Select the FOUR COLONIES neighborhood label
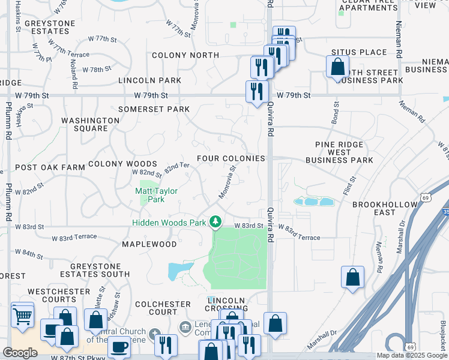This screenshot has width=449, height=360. pyautogui.click(x=231, y=158)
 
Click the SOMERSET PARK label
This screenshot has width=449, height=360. pyautogui.click(x=154, y=109)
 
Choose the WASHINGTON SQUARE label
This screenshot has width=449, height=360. pyautogui.click(x=91, y=124)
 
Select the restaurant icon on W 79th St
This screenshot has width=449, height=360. pyautogui.click(x=257, y=92)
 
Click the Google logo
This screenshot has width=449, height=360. pyautogui.click(x=20, y=353)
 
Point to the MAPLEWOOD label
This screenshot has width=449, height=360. pyautogui.click(x=149, y=244)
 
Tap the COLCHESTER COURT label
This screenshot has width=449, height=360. pyautogui.click(x=156, y=308)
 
